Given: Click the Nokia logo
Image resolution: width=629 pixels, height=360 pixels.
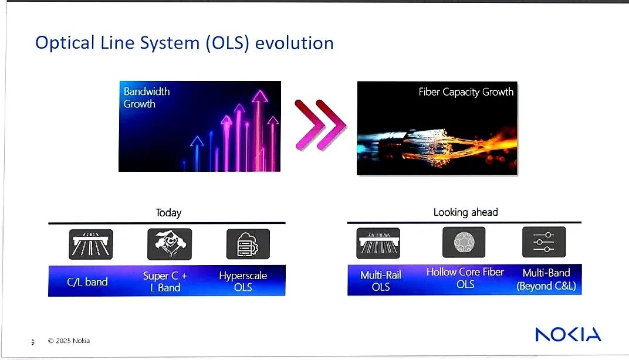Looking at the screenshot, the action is [568, 334].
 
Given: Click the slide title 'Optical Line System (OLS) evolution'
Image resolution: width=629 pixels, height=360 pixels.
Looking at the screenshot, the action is [184, 43].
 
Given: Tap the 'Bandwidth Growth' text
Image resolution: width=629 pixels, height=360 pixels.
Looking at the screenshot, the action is [147, 97].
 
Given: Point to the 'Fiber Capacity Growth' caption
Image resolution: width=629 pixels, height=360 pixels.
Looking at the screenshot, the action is [466, 92].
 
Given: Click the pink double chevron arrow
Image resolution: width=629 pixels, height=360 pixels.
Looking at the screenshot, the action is [320, 125].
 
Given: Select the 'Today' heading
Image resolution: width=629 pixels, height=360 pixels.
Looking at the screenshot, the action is [168, 212].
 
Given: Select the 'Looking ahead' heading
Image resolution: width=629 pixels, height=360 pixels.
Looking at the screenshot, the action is [466, 212].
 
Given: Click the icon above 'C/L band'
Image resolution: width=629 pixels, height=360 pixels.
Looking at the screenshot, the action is [91, 244].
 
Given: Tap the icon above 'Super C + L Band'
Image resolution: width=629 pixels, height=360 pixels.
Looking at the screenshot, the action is [170, 244].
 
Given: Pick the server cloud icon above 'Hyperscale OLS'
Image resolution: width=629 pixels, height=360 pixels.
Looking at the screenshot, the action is [248, 244].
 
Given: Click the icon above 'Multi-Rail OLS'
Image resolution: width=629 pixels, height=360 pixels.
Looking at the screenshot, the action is [378, 243].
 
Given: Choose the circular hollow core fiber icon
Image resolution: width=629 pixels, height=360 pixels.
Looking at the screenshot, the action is [464, 242].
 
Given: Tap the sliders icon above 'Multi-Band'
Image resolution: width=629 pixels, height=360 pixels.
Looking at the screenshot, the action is [544, 242].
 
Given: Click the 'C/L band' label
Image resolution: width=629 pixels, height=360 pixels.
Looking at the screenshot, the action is [87, 282].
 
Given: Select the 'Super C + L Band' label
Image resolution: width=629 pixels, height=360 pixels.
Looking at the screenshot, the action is [165, 281].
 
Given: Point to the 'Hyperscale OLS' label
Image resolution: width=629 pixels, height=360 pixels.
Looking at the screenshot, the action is [243, 281].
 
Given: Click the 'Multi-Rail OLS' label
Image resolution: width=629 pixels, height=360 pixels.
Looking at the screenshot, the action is [381, 281].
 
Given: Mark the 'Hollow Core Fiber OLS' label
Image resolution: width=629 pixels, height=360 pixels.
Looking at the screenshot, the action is [465, 278].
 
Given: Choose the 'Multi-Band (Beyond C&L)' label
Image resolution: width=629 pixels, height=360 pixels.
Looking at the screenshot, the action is [546, 279].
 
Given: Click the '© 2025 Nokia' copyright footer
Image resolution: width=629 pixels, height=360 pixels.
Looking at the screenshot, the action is [69, 341].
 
